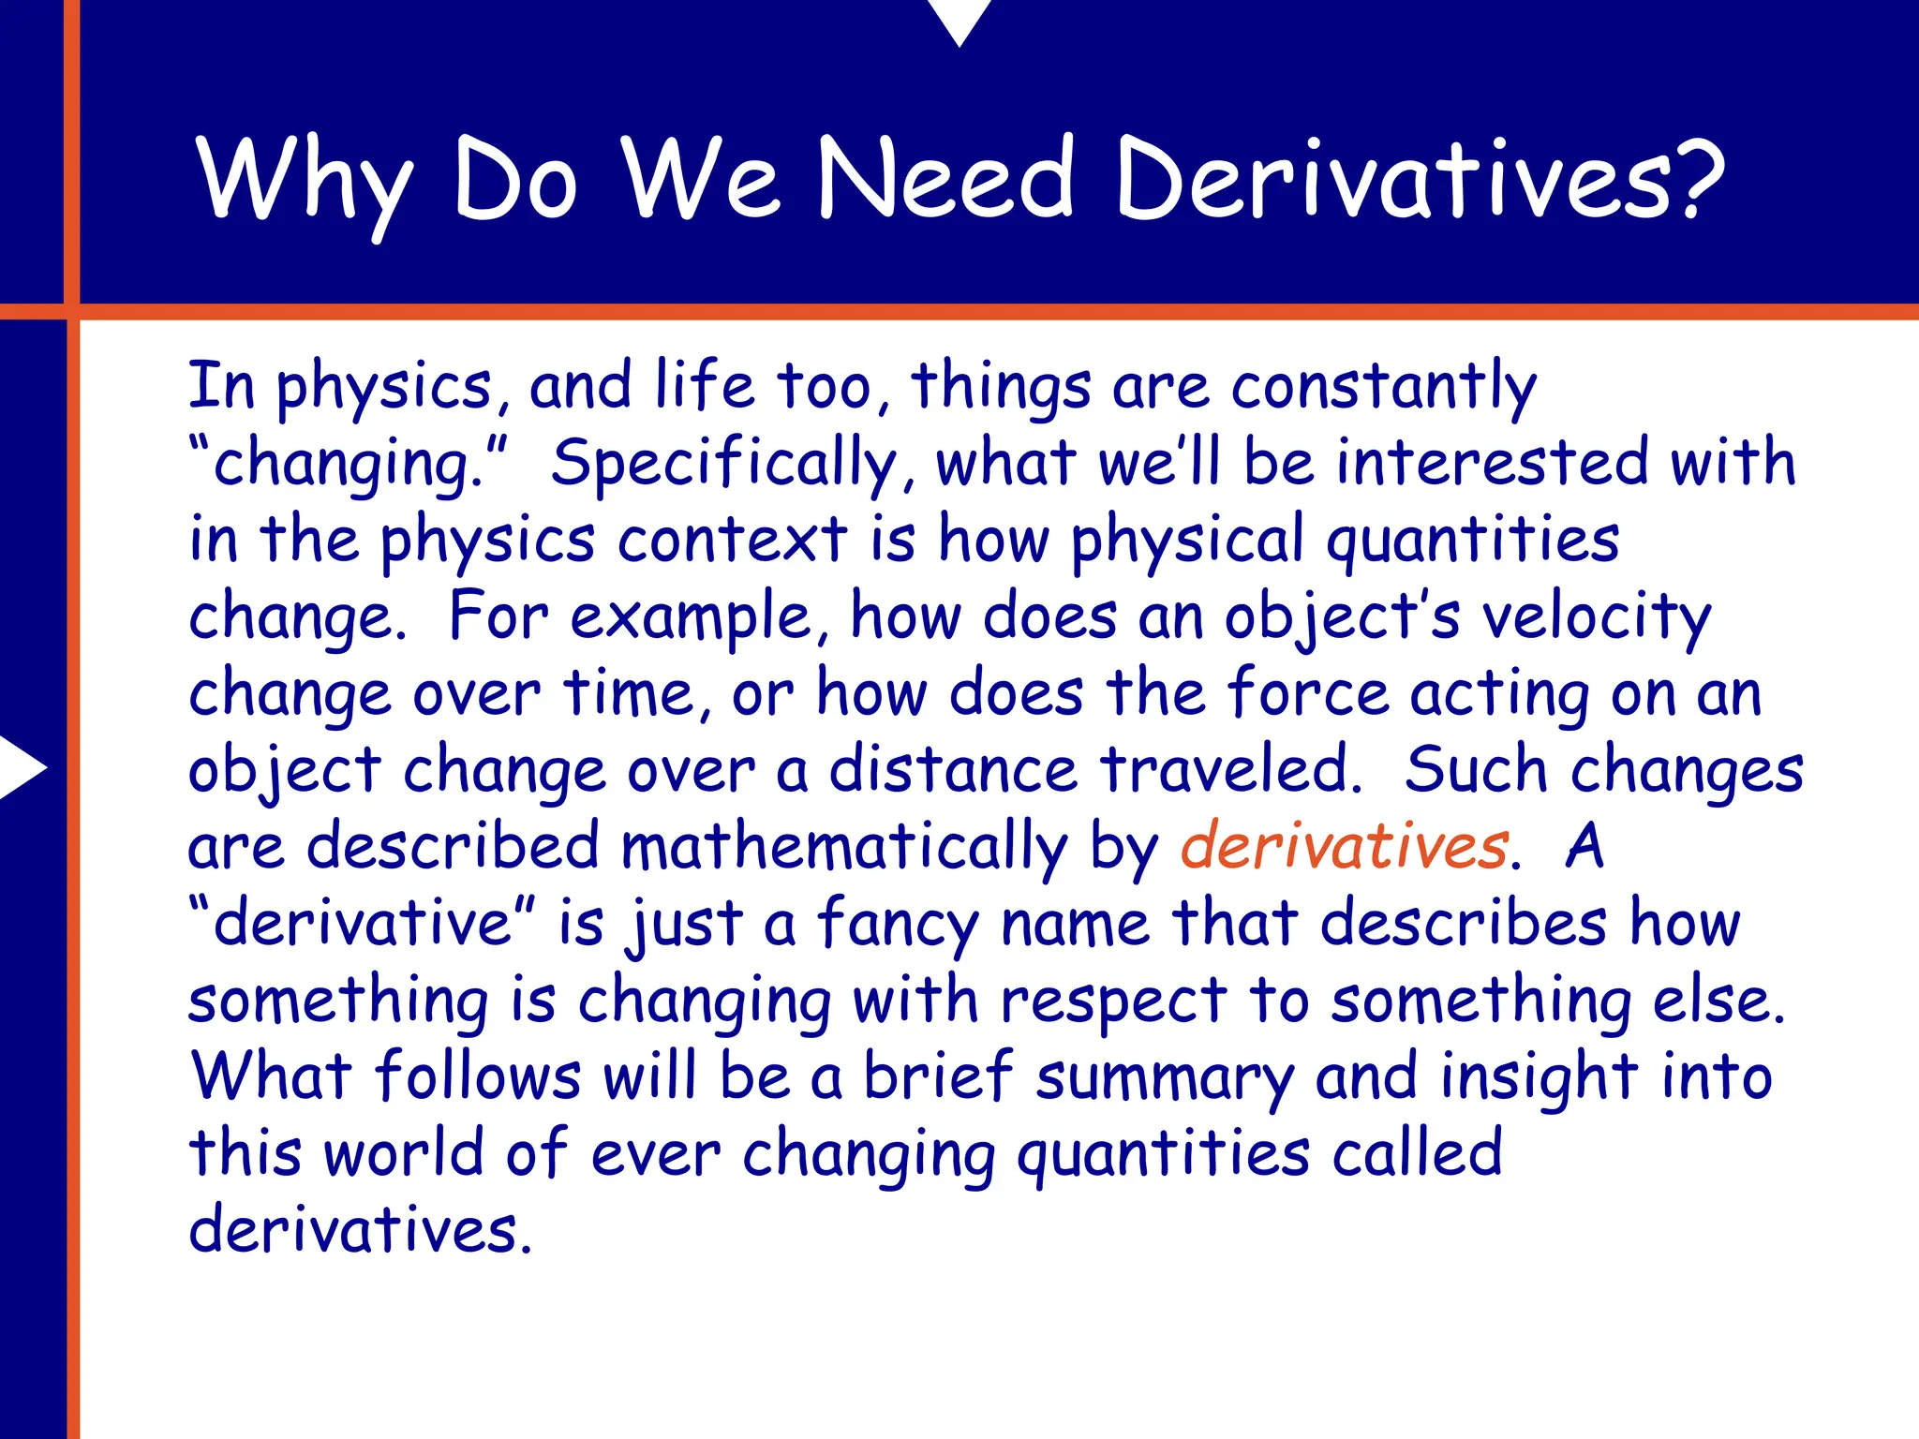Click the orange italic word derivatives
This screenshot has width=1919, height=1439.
1344,846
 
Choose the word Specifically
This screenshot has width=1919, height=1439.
725,465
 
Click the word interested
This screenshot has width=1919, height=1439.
1492,463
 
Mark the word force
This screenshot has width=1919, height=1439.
1308,693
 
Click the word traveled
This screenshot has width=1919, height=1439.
1230,770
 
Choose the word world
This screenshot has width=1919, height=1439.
403,1153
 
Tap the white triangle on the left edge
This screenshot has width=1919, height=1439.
21,767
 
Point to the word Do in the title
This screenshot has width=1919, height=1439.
514,180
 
